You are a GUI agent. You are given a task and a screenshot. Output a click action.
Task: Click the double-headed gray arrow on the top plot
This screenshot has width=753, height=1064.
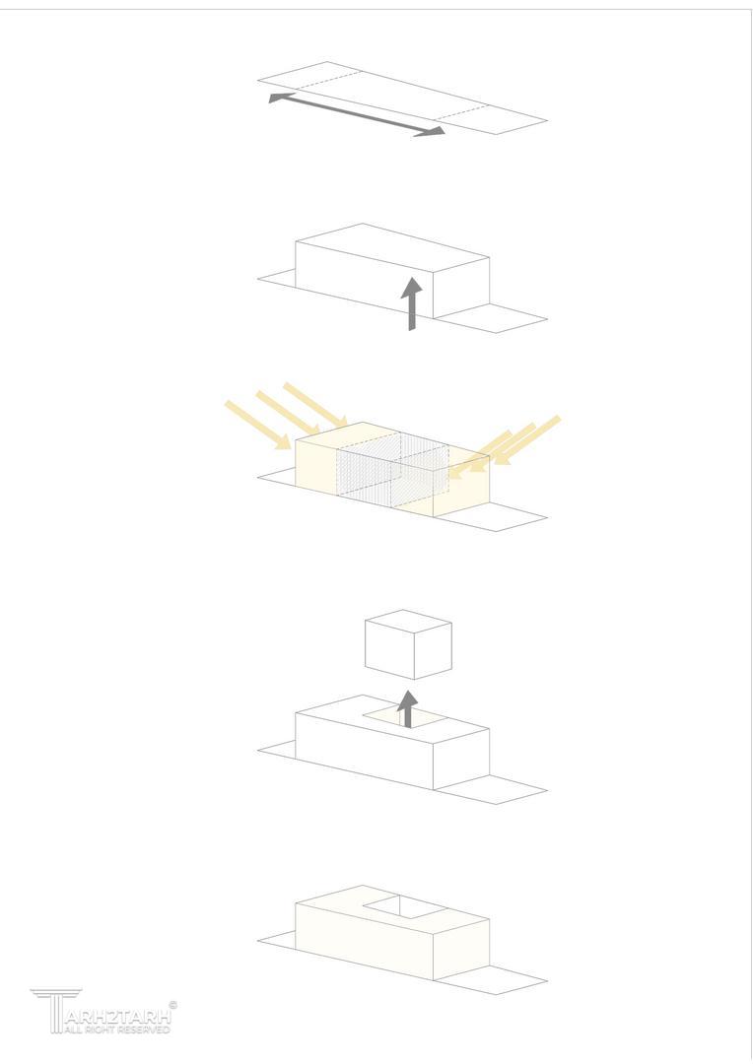[357, 114]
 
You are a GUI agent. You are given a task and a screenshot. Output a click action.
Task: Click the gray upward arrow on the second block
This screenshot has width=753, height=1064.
[411, 304]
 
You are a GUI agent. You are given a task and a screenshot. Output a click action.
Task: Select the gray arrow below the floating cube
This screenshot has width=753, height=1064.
[407, 709]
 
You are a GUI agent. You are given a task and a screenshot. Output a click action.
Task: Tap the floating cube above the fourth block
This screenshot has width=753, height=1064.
[408, 644]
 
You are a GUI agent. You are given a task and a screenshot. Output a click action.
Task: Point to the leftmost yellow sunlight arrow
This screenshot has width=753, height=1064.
[258, 425]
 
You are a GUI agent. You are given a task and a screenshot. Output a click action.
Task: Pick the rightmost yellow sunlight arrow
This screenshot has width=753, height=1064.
[525, 440]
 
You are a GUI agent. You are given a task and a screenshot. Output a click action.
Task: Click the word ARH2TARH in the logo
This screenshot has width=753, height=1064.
[118, 1017]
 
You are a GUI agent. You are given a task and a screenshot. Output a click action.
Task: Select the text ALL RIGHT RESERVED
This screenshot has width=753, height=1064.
[116, 1030]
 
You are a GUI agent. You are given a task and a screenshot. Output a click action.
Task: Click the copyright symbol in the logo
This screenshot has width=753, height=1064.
[173, 1005]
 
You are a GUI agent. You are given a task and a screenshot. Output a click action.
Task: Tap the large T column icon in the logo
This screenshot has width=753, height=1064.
[55, 1011]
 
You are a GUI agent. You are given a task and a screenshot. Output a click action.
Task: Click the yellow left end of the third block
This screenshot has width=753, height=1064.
[316, 463]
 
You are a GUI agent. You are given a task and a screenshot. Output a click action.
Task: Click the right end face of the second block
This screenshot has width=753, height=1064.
[461, 288]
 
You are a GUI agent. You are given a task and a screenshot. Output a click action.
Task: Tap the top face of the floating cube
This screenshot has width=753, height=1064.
[408, 622]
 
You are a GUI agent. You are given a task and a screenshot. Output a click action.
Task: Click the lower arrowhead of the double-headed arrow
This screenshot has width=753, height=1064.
[430, 132]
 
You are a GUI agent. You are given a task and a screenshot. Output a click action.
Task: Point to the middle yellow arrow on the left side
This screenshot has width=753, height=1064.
[288, 413]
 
